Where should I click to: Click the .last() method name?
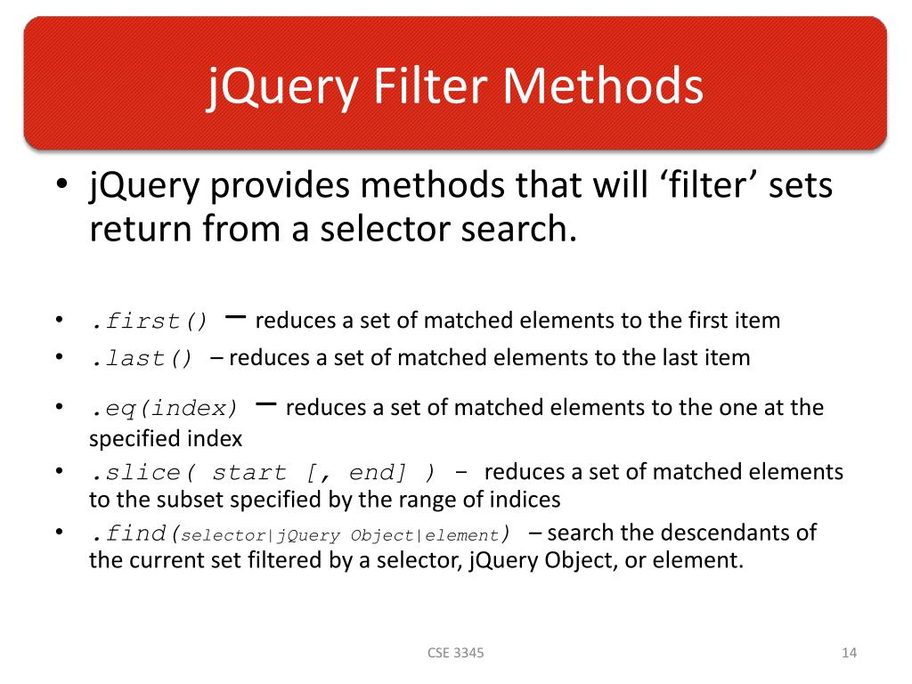click(142, 359)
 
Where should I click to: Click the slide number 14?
click(849, 653)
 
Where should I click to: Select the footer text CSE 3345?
click(455, 653)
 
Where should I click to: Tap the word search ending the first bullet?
click(517, 230)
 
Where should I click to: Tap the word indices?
click(527, 499)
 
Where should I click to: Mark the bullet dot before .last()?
click(58, 358)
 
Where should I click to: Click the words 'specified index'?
click(166, 438)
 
